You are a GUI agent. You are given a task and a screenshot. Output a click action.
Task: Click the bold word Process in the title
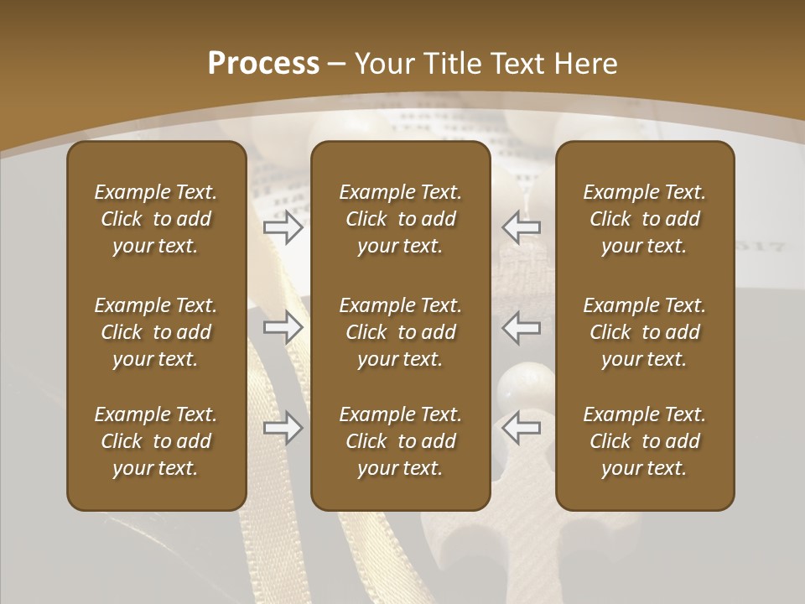263,64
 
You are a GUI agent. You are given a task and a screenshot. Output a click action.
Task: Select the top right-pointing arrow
283,227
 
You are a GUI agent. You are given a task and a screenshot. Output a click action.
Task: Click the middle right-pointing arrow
283,327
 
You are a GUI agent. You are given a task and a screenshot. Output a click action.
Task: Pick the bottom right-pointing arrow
283,429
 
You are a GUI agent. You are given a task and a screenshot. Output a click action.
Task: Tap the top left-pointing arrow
522,227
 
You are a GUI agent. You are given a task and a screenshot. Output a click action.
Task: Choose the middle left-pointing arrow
522,327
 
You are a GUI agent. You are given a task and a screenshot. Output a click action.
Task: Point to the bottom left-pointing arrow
522,429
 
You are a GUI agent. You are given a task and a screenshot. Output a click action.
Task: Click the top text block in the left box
156,219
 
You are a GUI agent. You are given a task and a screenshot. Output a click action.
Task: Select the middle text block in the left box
156,332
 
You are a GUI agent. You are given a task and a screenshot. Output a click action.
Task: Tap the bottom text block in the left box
156,441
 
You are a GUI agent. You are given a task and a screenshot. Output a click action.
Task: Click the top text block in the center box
401,219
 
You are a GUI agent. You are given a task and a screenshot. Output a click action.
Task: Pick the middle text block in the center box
401,332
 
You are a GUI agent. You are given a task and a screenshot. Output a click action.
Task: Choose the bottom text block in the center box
401,441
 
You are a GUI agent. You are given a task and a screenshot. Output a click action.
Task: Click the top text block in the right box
645,219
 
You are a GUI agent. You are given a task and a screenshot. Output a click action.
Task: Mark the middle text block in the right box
645,332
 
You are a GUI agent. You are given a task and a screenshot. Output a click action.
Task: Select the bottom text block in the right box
645,441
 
